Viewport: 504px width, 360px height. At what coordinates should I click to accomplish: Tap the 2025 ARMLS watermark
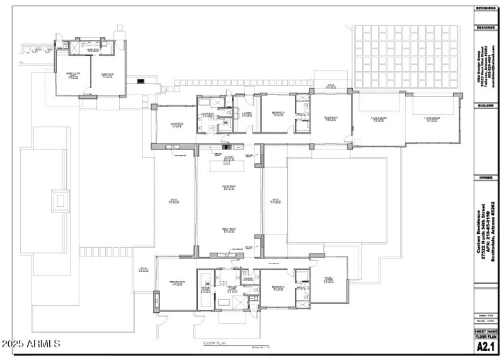[x=30, y=344]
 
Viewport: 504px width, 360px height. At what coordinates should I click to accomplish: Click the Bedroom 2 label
[x=278, y=287]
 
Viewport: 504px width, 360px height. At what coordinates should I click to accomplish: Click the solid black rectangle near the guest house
[x=141, y=80]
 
